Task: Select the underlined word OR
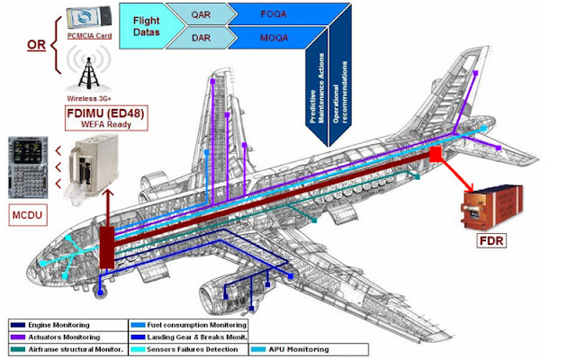37,42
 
